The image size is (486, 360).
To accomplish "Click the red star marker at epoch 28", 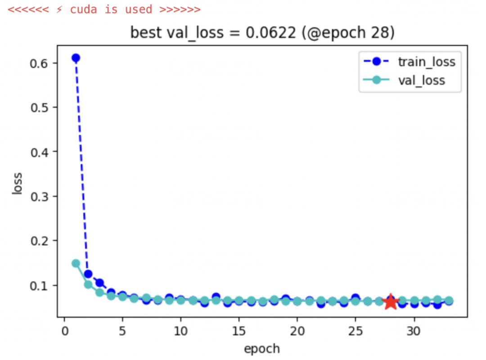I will coord(391,302).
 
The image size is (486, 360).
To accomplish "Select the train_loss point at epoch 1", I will coord(76,58).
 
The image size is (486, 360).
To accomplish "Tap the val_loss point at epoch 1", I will coord(76,263).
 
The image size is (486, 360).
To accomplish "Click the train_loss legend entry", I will coord(426,62).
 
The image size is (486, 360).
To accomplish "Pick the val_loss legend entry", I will coord(422,81).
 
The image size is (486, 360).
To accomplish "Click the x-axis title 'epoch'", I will coord(261,349).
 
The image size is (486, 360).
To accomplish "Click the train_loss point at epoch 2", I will coord(88,274).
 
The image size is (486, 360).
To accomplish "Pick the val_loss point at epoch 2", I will coord(88,284).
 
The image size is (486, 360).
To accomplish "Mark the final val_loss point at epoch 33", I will coord(449,301).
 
